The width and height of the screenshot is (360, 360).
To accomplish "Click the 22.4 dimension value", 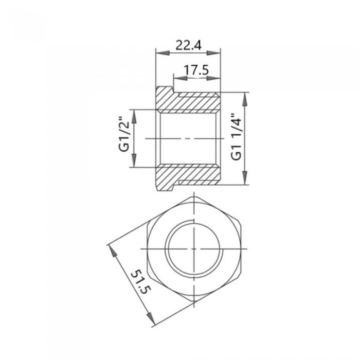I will coord(188,45).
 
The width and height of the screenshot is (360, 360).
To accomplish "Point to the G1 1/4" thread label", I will coord(236,138).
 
